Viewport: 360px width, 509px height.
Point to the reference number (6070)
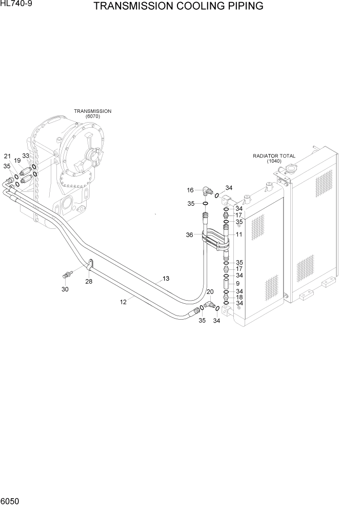pyautogui.click(x=92, y=116)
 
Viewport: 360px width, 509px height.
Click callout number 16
pyautogui.click(x=190, y=190)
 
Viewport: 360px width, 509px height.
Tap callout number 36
pyautogui.click(x=189, y=235)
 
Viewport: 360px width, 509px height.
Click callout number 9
pyautogui.click(x=237, y=283)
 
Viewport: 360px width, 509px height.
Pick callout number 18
pyautogui.click(x=239, y=298)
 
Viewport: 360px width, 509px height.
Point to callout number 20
pyautogui.click(x=210, y=292)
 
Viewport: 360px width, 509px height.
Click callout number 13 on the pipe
pyautogui.click(x=166, y=279)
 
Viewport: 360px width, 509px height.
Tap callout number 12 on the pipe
pyautogui.click(x=123, y=302)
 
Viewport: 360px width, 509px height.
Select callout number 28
pyautogui.click(x=89, y=281)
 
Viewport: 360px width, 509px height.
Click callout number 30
pyautogui.click(x=65, y=289)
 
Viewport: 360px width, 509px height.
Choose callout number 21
pyautogui.click(x=7, y=156)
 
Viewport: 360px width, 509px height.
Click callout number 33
pyautogui.click(x=25, y=156)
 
